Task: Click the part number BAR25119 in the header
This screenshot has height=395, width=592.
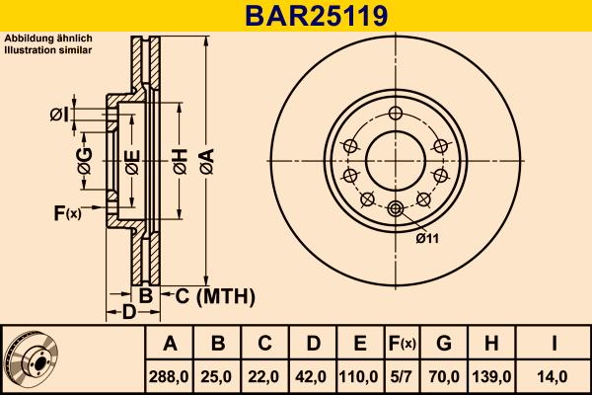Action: pos(295,16)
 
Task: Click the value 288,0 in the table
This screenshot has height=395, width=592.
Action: pos(170,375)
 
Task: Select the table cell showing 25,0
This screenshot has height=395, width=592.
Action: pos(218,375)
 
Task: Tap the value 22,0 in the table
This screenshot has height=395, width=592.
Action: pos(265,375)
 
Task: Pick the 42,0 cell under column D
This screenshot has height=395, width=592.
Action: pos(313,375)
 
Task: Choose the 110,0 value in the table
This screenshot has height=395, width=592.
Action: pos(360,375)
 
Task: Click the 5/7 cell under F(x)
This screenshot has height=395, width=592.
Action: pos(402,375)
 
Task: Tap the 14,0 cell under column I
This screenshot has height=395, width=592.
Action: pos(554,375)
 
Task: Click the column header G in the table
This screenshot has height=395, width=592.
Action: pos(444,344)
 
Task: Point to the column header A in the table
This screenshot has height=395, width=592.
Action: pos(170,344)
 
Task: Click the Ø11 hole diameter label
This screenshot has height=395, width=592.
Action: pos(426,237)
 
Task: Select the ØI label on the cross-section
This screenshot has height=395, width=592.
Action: pos(58,116)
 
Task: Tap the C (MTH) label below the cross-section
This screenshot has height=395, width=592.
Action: pos(206,295)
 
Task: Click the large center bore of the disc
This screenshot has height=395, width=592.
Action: pos(396,158)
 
